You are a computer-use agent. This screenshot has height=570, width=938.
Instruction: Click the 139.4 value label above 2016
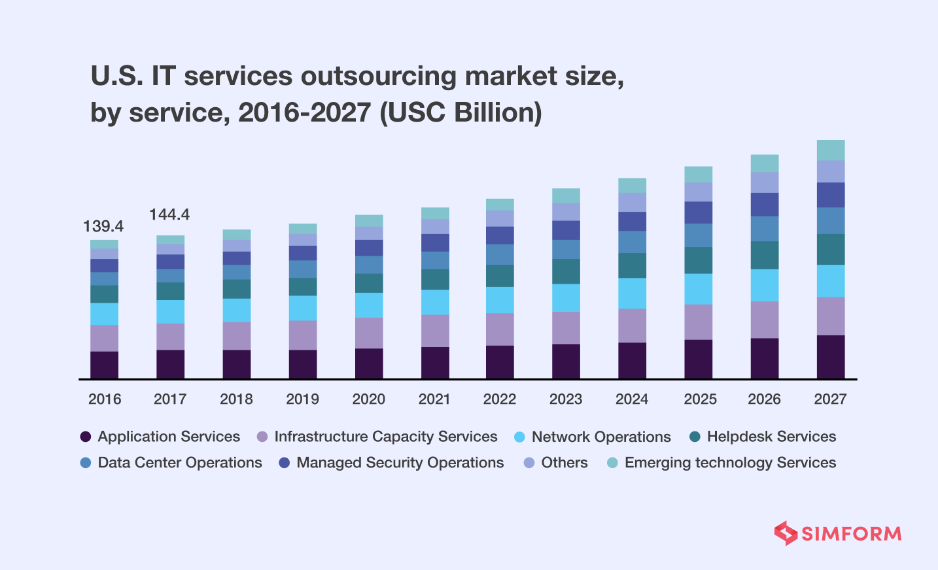click(103, 227)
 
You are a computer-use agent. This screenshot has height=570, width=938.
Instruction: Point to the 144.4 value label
click(169, 214)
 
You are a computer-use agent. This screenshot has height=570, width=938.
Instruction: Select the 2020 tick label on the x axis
click(368, 399)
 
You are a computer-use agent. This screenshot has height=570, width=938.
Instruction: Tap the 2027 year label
click(830, 399)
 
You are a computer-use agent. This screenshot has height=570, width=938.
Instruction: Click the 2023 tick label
click(566, 399)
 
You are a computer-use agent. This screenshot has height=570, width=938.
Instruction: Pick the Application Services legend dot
click(85, 437)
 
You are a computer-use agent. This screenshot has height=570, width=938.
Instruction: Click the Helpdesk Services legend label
click(771, 437)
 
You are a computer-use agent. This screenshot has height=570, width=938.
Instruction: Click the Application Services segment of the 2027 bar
click(831, 357)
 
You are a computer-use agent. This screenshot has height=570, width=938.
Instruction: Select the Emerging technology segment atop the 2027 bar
click(831, 150)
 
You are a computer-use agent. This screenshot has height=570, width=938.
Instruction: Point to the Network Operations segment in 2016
click(104, 314)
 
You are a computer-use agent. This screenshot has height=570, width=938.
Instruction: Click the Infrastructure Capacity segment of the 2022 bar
click(500, 329)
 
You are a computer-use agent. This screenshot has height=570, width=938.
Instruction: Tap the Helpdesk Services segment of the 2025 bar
click(699, 260)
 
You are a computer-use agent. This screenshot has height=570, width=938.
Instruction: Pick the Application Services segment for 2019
click(303, 364)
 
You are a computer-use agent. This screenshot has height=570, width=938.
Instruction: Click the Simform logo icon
click(786, 533)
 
